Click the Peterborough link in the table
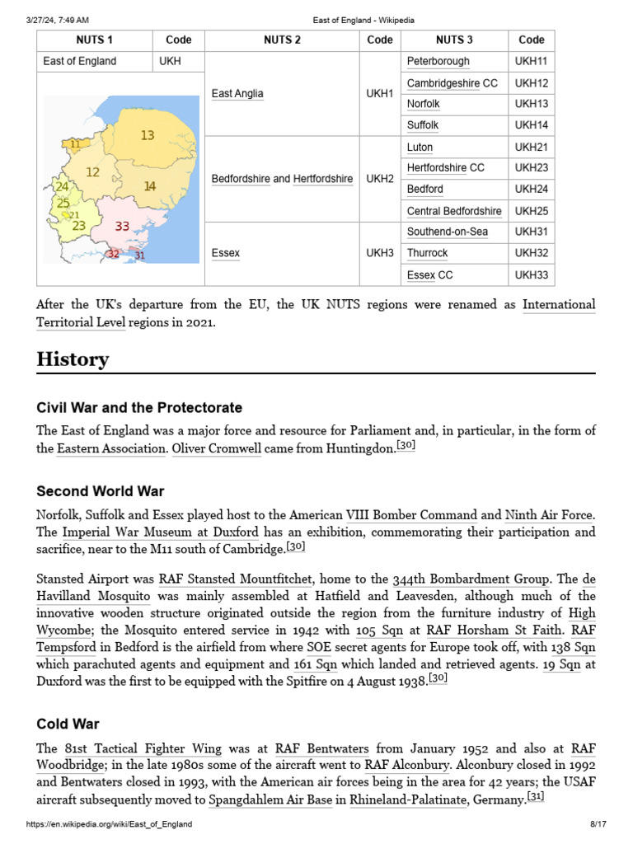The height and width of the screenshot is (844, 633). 438,62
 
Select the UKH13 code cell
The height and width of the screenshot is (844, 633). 531,104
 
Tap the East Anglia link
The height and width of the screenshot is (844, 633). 237,94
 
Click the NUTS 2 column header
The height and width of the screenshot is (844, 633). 282,40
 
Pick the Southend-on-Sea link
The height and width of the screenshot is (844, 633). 447,232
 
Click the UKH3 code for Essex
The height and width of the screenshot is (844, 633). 379,253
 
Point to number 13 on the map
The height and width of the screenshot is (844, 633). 147,135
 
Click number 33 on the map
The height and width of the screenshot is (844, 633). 122,226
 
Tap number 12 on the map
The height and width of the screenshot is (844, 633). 92,172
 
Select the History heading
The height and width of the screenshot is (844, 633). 73,359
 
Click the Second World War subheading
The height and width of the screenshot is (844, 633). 100,491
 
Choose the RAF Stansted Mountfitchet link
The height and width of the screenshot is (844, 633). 235,579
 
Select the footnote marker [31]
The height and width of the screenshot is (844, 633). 535,797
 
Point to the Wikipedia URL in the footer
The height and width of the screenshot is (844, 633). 110,824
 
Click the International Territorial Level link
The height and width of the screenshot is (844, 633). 559,305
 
